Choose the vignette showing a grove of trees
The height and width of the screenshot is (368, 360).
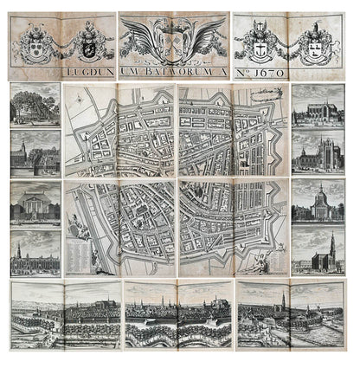(35, 105)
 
